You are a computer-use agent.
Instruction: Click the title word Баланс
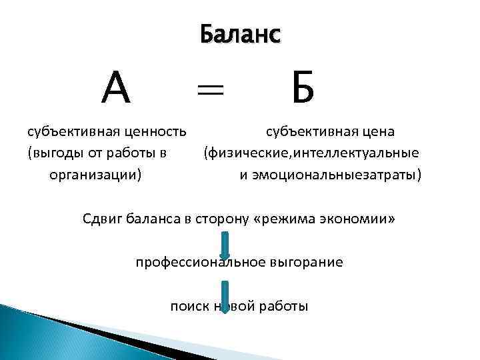pos(241,35)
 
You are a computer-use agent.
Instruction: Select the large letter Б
pos(302,89)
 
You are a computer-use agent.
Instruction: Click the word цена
pos(377,131)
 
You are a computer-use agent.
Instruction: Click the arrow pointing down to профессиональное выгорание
pos(225,247)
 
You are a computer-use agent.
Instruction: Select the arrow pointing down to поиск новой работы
pos(225,297)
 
